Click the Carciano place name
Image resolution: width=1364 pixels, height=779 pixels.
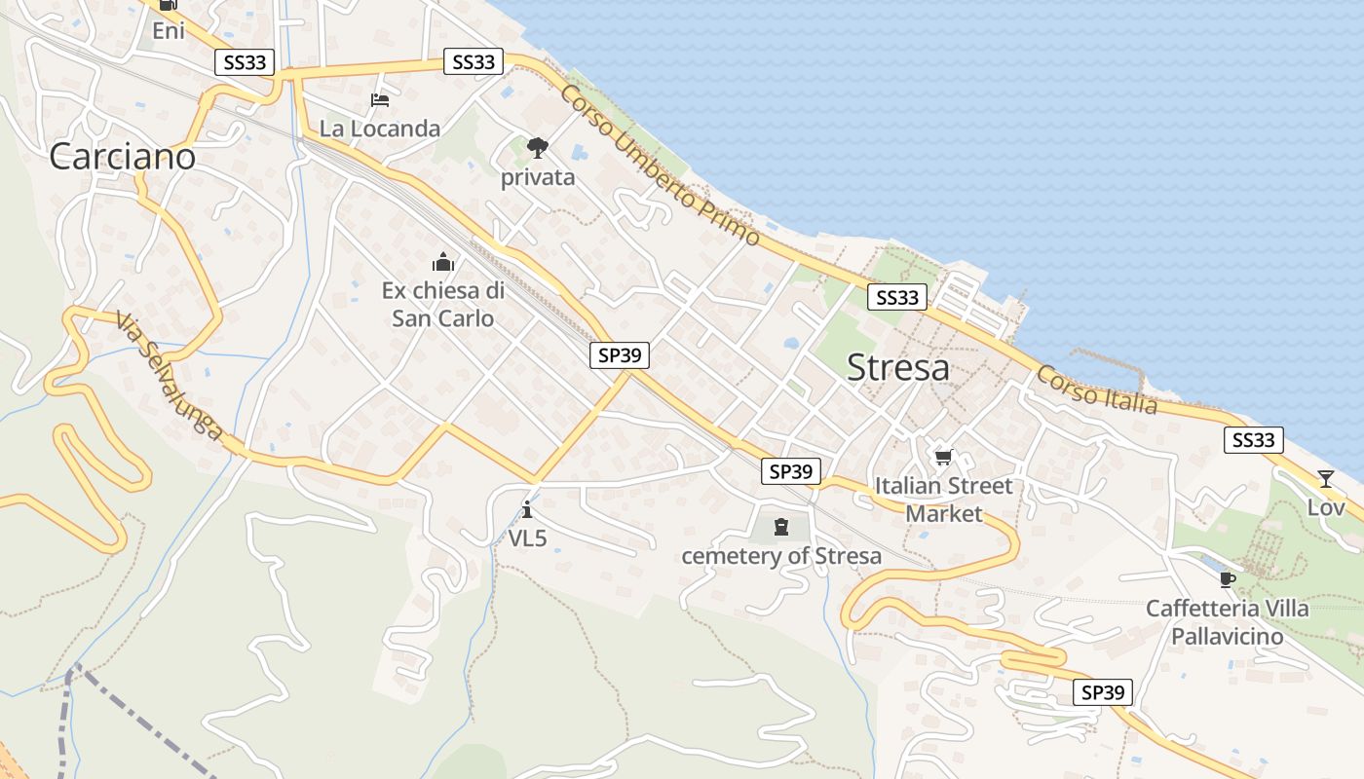123,156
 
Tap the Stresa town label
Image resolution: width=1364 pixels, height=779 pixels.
897,368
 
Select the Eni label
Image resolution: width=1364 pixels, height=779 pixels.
169,31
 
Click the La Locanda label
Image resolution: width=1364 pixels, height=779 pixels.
380,129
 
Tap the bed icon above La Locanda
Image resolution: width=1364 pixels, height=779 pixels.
380,100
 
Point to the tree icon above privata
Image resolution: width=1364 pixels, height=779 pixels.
537,148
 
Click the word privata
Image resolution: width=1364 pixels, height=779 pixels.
538,178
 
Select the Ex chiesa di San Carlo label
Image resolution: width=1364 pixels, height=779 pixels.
443,304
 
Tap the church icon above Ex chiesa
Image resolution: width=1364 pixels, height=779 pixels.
443,262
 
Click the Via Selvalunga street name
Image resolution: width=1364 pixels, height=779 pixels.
169,376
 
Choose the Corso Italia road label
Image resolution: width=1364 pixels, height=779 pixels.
1097,389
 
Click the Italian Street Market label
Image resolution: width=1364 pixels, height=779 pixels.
943,499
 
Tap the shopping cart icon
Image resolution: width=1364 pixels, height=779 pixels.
943,457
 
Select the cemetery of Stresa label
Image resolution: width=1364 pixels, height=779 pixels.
781,556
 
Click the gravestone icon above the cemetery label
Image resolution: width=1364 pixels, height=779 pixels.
780,528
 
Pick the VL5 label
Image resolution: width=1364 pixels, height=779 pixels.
527,537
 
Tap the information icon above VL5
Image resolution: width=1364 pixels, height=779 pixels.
527,508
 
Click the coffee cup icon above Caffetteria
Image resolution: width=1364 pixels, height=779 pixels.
1227,579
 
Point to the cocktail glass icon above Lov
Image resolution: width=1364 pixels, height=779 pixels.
1325,478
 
